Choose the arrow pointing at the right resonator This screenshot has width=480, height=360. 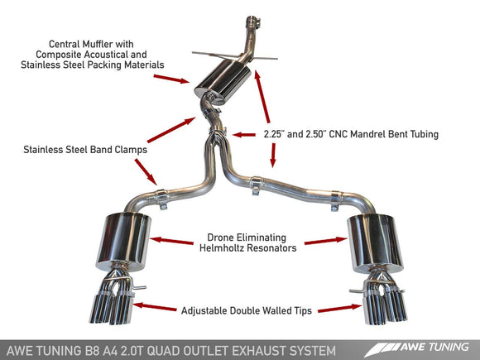point(325,242)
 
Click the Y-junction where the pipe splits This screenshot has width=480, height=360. point(217,153)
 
